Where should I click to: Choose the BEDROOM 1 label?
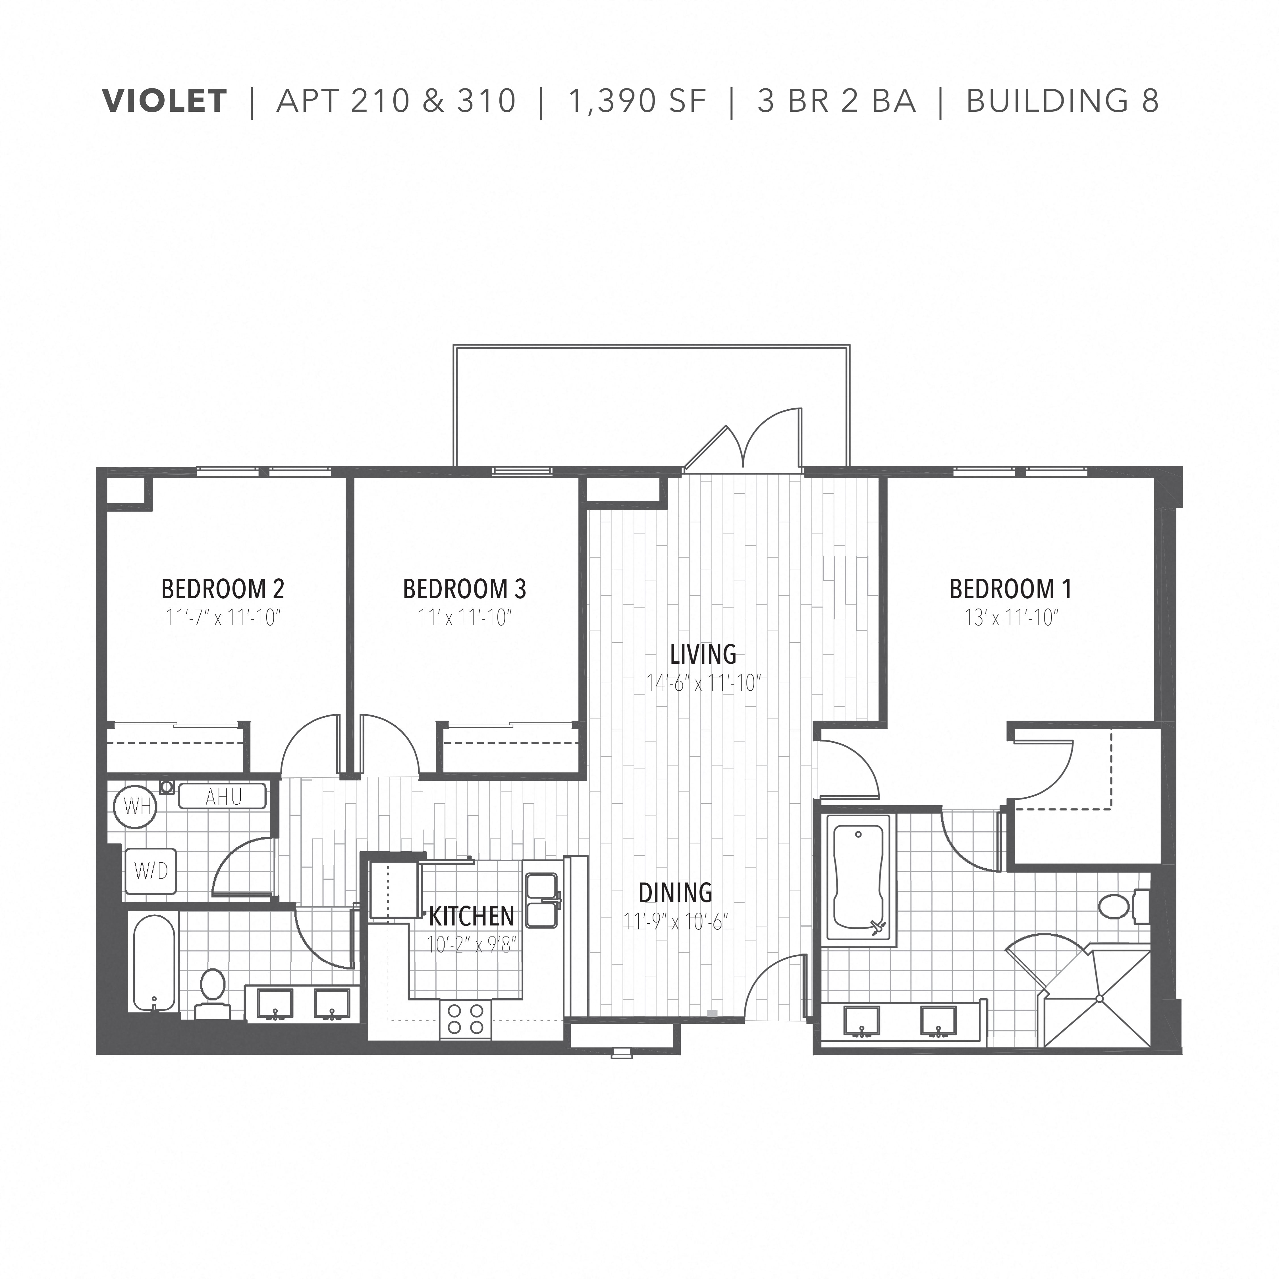1010,589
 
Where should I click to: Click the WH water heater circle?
136,806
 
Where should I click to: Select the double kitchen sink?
541,900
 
